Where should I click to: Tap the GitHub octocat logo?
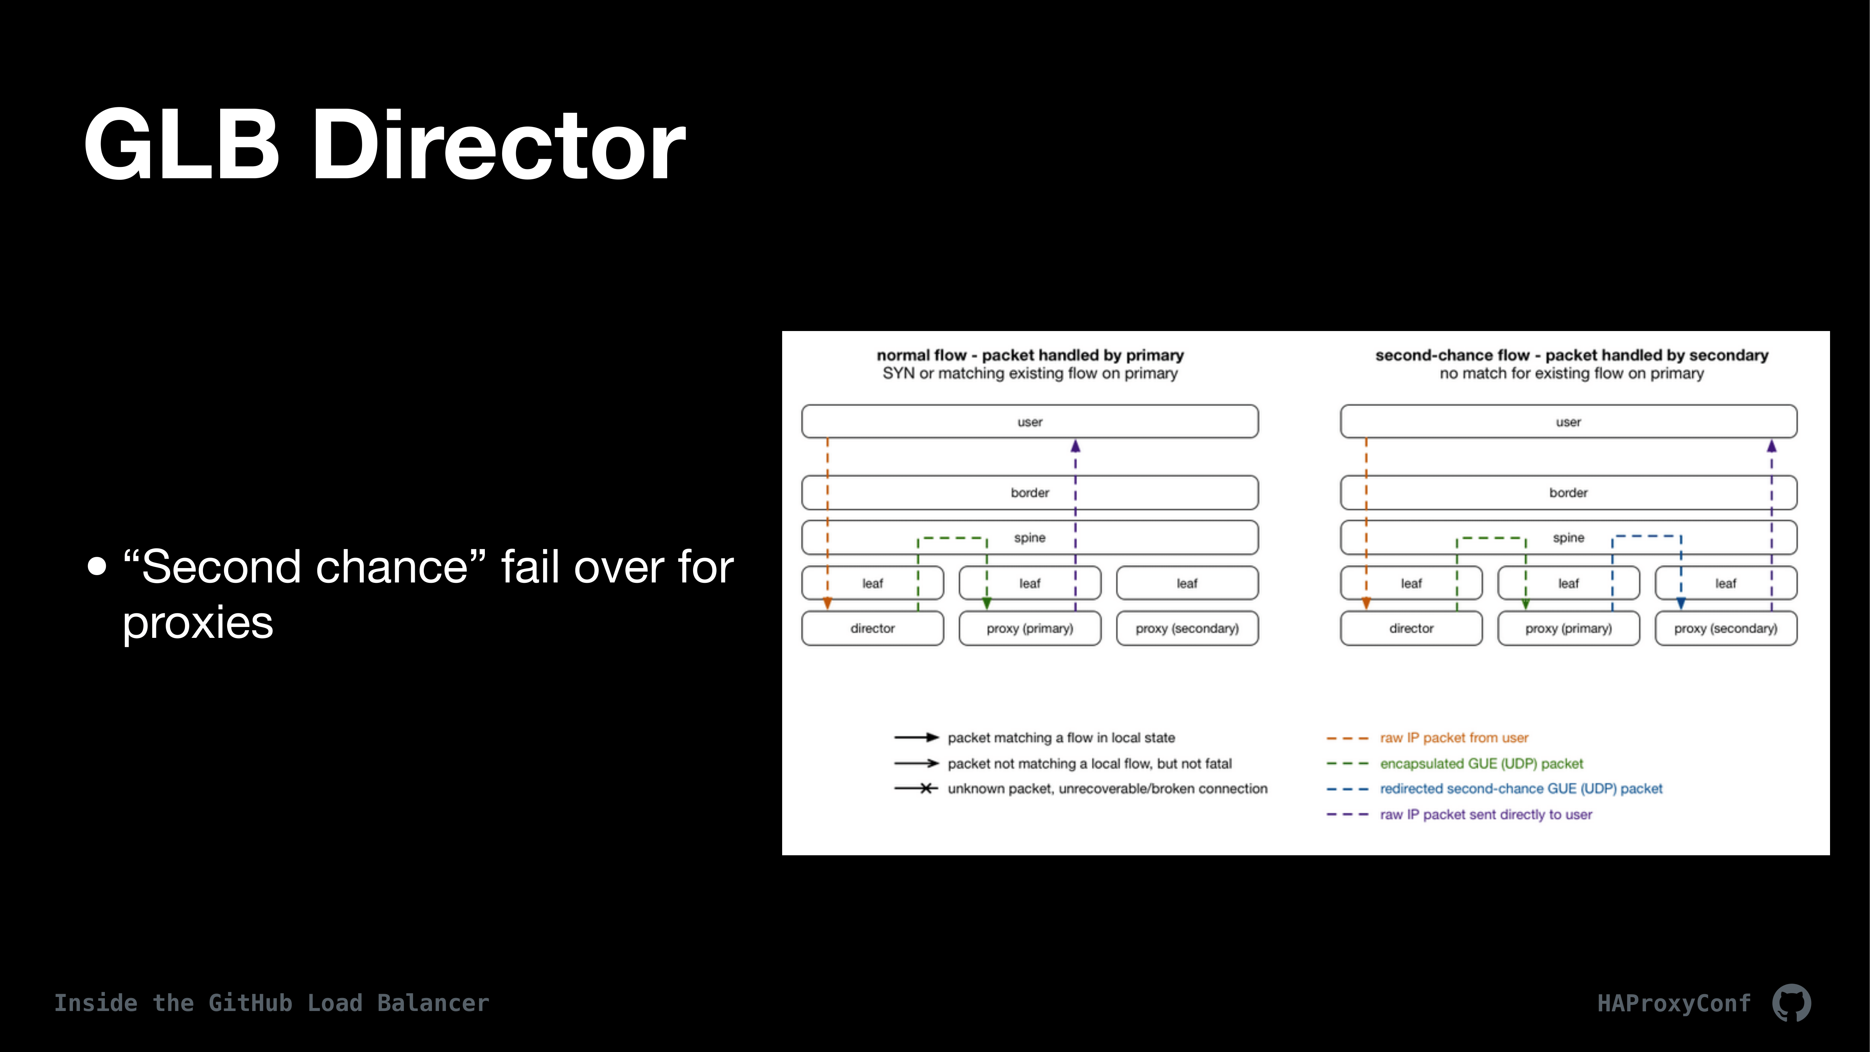tap(1791, 1003)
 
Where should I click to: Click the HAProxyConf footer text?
tap(1674, 1003)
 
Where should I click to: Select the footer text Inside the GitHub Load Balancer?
tap(271, 1003)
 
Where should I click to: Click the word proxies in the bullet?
tap(197, 623)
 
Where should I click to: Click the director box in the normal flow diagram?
tap(873, 628)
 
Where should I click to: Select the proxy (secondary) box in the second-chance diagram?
tap(1726, 628)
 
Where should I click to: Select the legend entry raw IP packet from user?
tap(1454, 738)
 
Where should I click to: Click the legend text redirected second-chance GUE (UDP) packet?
tap(1521, 788)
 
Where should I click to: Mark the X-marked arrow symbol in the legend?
tap(916, 788)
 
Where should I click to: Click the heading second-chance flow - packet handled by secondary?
tap(1572, 355)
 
